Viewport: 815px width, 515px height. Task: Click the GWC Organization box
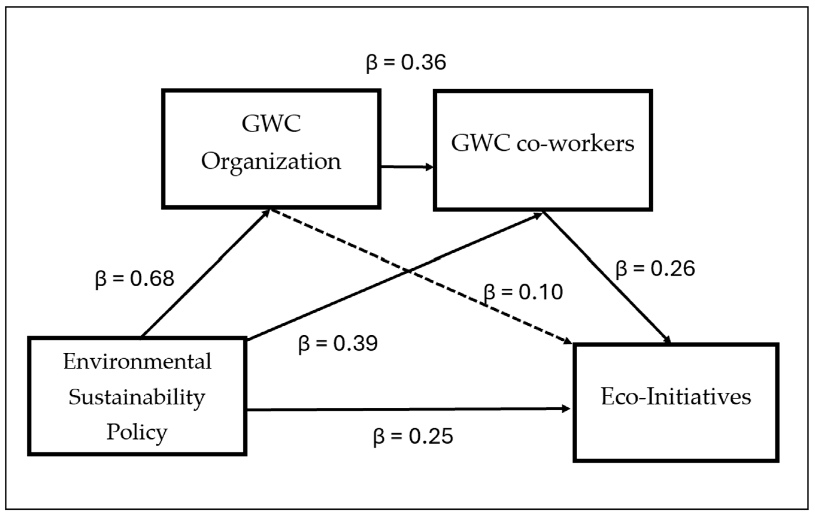coord(271,149)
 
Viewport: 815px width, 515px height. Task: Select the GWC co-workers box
coord(543,151)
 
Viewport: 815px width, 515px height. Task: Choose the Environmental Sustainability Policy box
coord(137,396)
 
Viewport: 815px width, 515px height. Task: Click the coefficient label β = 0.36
coord(406,63)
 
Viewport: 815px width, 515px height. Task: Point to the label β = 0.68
coord(135,279)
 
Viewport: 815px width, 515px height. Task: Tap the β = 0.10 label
coord(523,292)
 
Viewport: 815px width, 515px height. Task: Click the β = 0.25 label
coord(413,437)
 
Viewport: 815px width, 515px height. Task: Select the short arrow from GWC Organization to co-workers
coord(406,166)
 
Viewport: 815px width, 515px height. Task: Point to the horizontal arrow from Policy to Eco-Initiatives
coord(406,410)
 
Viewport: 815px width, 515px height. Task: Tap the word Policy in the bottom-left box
coord(137,432)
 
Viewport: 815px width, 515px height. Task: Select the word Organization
coord(271,162)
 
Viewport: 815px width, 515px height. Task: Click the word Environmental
coord(137,362)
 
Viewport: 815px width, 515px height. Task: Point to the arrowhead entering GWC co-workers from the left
coord(429,167)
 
